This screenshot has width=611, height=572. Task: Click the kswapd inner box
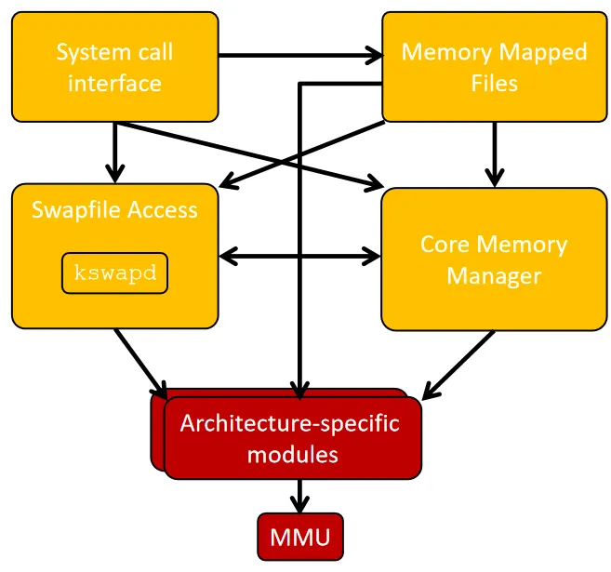click(x=115, y=273)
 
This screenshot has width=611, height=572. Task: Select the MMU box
click(x=299, y=538)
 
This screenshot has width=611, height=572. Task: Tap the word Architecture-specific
click(x=289, y=424)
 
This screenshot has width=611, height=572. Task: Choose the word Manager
click(x=494, y=276)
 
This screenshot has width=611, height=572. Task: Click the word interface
click(x=114, y=83)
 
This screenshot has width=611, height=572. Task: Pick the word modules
click(x=290, y=456)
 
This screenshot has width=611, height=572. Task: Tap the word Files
click(x=494, y=83)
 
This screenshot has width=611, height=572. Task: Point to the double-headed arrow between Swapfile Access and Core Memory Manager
click(x=299, y=254)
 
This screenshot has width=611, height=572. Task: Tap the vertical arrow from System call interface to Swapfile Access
click(x=114, y=153)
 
